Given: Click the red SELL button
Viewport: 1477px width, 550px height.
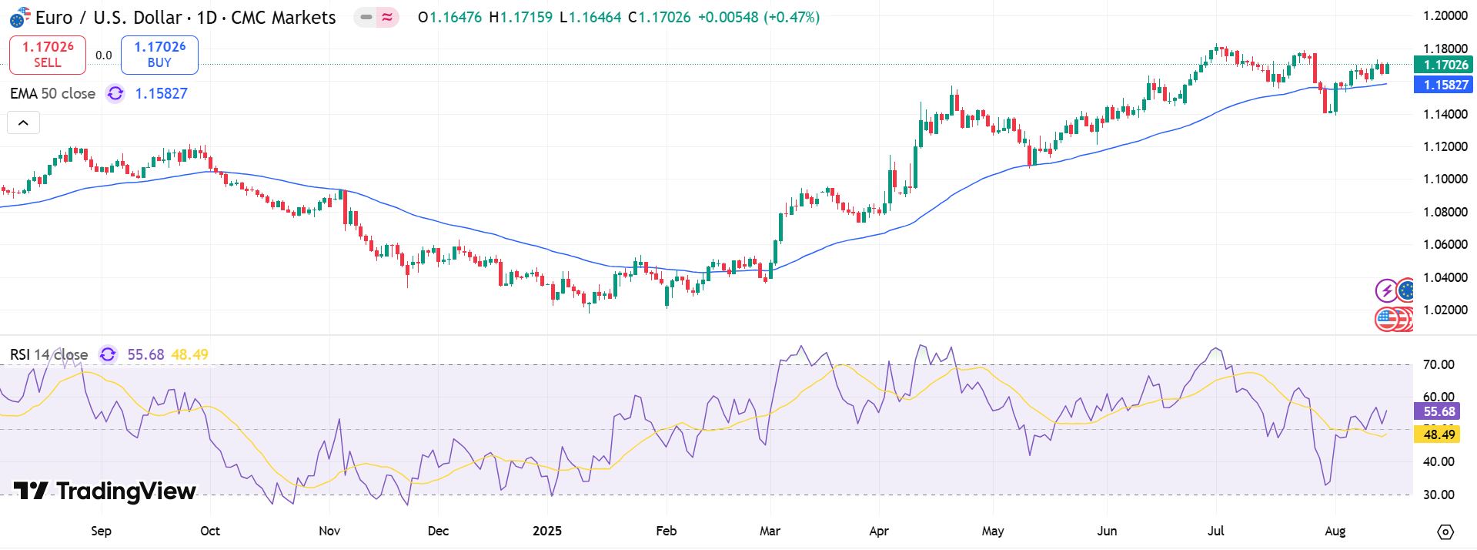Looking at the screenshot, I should point(47,55).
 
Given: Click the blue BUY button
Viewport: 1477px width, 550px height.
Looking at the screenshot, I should point(159,55).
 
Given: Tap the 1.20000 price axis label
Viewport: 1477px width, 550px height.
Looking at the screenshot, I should point(1445,15).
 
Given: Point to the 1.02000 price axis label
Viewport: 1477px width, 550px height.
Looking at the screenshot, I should point(1445,310).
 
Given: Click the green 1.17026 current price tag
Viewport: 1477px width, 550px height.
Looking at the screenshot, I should point(1442,65).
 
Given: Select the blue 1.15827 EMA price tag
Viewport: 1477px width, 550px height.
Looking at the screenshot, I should point(1442,85).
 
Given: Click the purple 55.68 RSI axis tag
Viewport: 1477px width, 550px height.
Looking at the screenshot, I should point(1437,411).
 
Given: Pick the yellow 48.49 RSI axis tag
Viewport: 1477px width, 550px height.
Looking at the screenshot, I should point(1437,434).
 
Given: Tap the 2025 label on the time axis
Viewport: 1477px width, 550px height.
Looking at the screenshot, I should point(547,531).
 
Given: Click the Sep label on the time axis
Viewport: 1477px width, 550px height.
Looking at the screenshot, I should point(101,531).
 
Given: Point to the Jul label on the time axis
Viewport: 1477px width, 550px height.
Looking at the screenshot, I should point(1215,531).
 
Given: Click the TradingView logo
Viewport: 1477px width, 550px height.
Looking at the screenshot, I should point(105,491).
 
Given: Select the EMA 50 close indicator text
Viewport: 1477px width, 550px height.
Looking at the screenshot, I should point(52,93).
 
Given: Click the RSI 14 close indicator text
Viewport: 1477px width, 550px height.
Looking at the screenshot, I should point(48,354).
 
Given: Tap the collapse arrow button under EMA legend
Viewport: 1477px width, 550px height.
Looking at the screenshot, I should point(23,122).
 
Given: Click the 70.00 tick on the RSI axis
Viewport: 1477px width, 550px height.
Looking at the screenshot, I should point(1438,364).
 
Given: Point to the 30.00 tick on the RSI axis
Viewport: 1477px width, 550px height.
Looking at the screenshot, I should point(1438,495).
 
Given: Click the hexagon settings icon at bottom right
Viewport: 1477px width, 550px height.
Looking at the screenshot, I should point(1445,532).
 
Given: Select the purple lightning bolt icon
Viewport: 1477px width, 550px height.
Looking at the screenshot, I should point(1386,290).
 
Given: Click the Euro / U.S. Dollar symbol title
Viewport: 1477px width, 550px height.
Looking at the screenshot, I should point(185,17).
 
